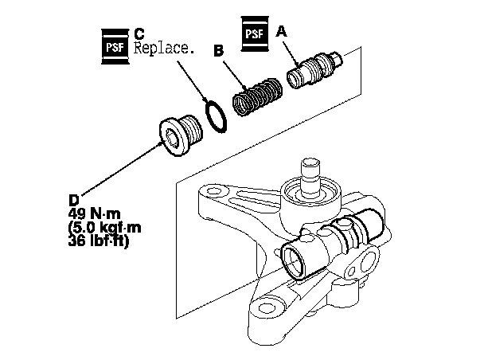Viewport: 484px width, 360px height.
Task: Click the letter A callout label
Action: tap(281, 31)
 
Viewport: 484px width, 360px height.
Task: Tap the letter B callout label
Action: tap(219, 51)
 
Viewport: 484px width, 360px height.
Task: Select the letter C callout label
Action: tap(139, 33)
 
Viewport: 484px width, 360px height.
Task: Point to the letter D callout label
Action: tap(74, 201)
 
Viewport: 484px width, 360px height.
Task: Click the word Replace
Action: tap(164, 49)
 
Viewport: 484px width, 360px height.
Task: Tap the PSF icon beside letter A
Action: tap(255, 33)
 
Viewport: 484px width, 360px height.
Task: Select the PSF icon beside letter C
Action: tap(115, 47)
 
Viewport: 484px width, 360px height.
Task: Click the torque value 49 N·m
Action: tap(95, 213)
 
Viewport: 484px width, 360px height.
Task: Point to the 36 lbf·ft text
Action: tap(98, 241)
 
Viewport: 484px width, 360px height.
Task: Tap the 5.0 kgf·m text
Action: tap(104, 228)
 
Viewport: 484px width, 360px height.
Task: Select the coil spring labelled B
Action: tap(257, 96)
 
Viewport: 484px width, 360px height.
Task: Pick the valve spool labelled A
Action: tap(314, 69)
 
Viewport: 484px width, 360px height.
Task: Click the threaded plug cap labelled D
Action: tap(181, 136)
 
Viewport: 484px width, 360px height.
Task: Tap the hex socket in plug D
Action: tap(172, 139)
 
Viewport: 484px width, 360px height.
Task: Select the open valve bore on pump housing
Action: tap(293, 260)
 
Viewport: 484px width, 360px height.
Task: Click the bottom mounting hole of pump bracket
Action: tap(266, 307)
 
